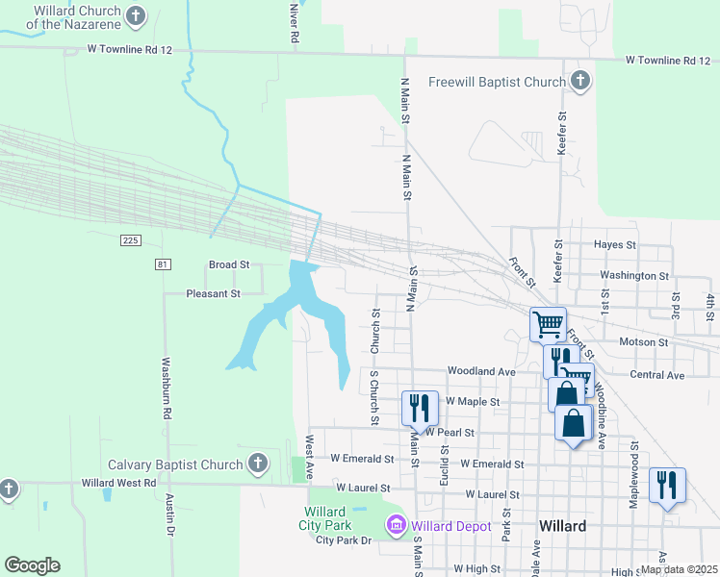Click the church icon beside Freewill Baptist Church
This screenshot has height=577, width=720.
coord(579,82)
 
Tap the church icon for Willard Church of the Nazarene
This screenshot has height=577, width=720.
coord(137,15)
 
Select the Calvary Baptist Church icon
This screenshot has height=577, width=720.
coord(257,464)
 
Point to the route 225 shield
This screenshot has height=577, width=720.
coord(132,238)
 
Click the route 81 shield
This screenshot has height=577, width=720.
coord(162,263)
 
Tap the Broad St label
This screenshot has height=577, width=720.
coord(229,264)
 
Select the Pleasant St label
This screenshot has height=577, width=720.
coord(213,293)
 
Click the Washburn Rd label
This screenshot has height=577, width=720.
coord(166,388)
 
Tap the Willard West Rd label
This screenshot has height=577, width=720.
coord(120,483)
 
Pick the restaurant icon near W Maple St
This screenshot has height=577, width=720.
coord(420,407)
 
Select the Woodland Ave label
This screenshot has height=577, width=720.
coord(481,371)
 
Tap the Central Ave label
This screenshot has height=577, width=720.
coord(656,374)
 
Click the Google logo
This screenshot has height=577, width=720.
coord(32,565)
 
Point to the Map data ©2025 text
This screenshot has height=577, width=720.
coord(679,569)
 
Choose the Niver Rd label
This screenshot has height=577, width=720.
coord(294,21)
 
